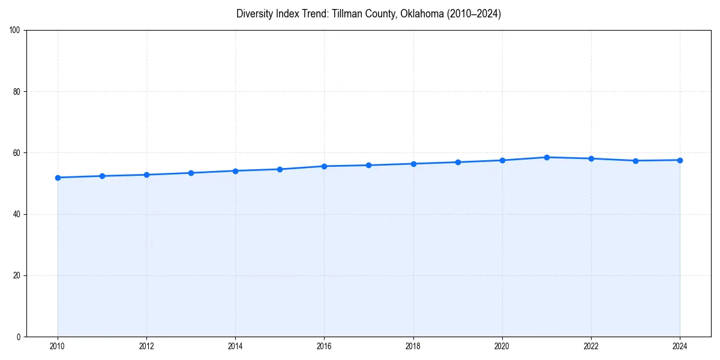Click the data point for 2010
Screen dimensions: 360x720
pos(58,178)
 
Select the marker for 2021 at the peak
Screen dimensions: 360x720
pos(547,157)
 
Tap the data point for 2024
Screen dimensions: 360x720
pos(680,160)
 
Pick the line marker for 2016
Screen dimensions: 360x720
pos(324,166)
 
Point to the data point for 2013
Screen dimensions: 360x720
pos(191,173)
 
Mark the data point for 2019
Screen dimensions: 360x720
pos(458,162)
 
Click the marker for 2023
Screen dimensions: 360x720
pos(635,161)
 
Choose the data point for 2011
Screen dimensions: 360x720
pos(102,176)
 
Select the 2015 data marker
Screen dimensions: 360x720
pos(280,169)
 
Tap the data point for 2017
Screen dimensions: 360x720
pos(368,165)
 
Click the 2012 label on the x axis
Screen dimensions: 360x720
pos(146,346)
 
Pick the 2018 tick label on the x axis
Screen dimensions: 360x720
pos(413,346)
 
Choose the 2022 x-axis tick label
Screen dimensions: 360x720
pos(591,346)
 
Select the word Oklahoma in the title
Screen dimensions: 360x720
pos(423,14)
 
